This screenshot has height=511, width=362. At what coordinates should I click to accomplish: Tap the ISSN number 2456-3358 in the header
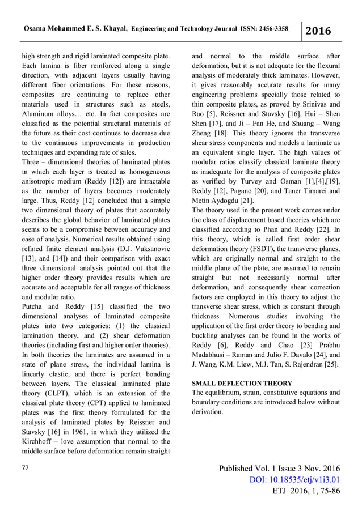tap(267, 28)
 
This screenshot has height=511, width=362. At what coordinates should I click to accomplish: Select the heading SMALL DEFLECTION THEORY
tap(242, 383)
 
